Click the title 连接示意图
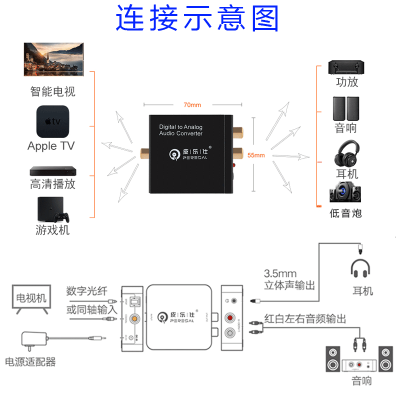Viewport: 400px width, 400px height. click(x=197, y=18)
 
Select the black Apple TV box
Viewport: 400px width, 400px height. click(x=52, y=121)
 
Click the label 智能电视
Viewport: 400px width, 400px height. click(x=52, y=91)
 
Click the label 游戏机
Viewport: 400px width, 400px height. click(x=52, y=230)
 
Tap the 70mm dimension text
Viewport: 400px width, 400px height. click(x=192, y=105)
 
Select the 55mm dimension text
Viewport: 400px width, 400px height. click(x=256, y=155)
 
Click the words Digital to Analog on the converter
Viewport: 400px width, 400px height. click(x=180, y=127)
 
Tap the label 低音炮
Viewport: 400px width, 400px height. click(x=345, y=213)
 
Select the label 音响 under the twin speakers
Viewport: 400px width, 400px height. click(x=346, y=128)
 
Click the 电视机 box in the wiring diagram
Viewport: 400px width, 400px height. click(x=31, y=298)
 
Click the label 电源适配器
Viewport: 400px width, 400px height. click(x=30, y=361)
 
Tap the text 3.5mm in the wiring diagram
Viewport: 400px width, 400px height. click(x=280, y=273)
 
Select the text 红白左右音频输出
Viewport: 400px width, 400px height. click(x=305, y=319)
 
